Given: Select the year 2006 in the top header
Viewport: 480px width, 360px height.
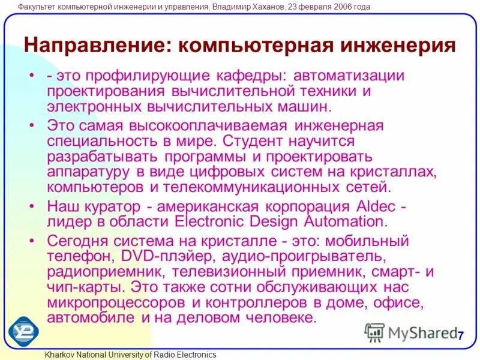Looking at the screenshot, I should point(330,7).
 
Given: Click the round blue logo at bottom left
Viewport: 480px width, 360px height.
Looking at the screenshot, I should point(23,329).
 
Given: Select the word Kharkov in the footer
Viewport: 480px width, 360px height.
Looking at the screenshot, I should point(59,355).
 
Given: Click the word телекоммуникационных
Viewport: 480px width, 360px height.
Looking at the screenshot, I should point(238,187).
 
